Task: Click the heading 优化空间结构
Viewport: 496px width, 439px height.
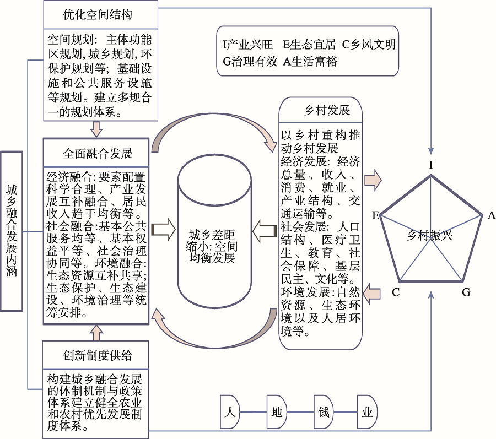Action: [x=97, y=14]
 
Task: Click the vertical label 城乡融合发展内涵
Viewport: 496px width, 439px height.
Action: [x=12, y=231]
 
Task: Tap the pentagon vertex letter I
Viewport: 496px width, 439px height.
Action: [x=432, y=164]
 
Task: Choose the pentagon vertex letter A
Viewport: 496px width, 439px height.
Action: [x=491, y=215]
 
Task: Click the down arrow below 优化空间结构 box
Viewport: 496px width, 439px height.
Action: [x=97, y=129]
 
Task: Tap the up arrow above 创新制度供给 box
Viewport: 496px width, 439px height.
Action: [x=97, y=333]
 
